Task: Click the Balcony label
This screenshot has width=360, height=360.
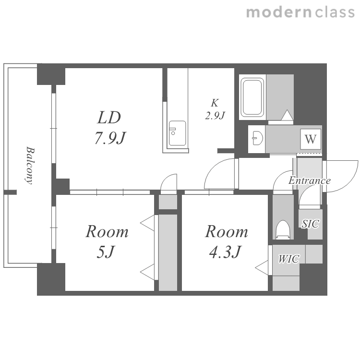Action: (30, 165)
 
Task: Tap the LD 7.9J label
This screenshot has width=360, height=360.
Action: (110, 128)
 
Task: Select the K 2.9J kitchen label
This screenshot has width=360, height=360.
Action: (215, 109)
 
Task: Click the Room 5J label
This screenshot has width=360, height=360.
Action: (107, 242)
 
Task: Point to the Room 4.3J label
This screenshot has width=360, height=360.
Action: (227, 242)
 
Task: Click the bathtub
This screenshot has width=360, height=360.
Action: (252, 96)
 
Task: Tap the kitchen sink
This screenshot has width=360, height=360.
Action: (177, 133)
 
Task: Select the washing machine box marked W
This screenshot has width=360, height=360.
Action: (311, 139)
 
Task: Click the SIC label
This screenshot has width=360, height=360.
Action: (310, 224)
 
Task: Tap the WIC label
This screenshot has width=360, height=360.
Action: (288, 259)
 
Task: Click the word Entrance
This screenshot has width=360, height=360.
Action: (310, 180)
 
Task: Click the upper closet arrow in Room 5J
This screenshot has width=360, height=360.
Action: (147, 223)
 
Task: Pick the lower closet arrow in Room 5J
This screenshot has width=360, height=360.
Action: (147, 272)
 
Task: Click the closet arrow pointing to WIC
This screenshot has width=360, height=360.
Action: (262, 267)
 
